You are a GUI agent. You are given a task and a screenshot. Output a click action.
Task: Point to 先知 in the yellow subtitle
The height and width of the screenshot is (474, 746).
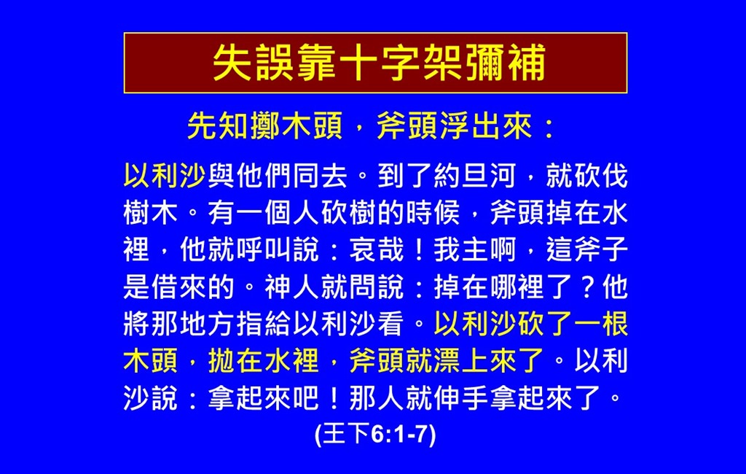[217, 127]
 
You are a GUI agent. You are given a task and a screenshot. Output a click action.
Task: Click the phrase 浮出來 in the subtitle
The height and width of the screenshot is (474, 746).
[486, 127]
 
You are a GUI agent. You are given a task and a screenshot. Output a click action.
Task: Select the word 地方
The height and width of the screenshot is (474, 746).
[207, 324]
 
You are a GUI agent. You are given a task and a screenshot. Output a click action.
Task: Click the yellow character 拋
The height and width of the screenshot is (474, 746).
[221, 361]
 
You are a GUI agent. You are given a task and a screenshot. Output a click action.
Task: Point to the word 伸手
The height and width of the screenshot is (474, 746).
[460, 397]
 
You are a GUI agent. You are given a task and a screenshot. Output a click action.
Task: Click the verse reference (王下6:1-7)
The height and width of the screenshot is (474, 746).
[375, 435]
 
